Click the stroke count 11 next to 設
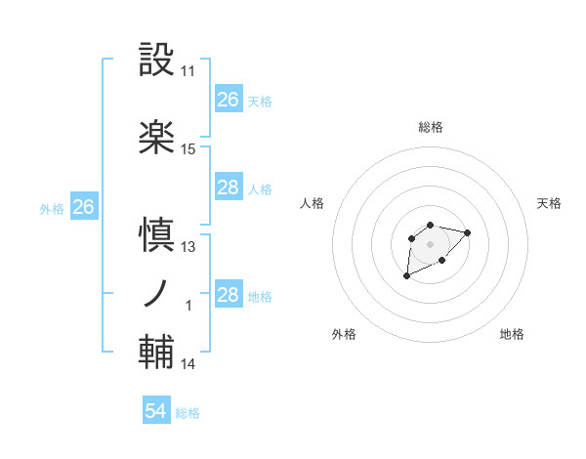[188, 71]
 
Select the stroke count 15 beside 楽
[188, 149]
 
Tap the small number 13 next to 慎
[188, 247]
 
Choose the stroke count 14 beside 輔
[188, 364]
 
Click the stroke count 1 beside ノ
[188, 306]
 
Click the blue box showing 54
[155, 412]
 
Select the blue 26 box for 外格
[84, 207]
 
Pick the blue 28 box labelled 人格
[228, 188]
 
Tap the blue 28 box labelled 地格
[228, 295]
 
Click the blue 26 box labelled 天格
[228, 100]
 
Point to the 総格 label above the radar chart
[430, 127]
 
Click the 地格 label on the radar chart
[512, 334]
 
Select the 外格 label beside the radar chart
[344, 334]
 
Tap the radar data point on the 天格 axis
[468, 232]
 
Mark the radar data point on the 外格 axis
[407, 276]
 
